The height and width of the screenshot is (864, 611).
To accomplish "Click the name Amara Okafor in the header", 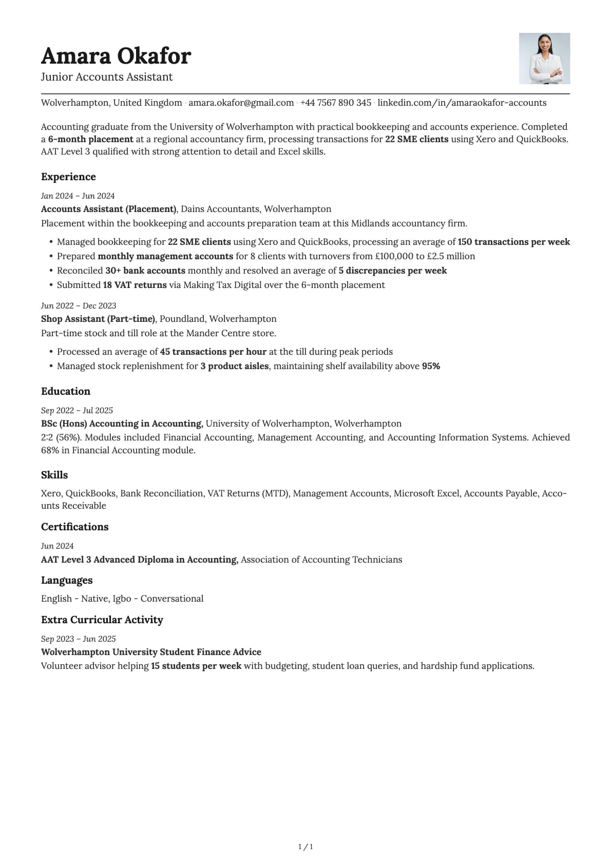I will pyautogui.click(x=116, y=55).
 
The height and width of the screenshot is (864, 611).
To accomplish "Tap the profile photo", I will pyautogui.click(x=544, y=59).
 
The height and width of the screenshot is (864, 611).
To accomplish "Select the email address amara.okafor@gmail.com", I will pyautogui.click(x=241, y=103).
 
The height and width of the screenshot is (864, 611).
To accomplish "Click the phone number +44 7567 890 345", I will pyautogui.click(x=335, y=103).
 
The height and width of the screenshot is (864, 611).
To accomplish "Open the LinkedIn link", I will pyautogui.click(x=462, y=103).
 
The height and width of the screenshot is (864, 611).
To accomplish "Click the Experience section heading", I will pyautogui.click(x=68, y=177).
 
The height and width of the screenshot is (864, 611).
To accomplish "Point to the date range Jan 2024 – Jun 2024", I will pyautogui.click(x=78, y=196).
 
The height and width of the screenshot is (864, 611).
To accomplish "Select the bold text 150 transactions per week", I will pyautogui.click(x=513, y=242).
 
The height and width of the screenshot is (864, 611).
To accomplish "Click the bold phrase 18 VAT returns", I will pyautogui.click(x=135, y=285).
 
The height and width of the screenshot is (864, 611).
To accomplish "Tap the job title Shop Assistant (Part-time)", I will pyautogui.click(x=98, y=319).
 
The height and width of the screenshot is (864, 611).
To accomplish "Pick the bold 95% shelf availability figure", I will pyautogui.click(x=431, y=366).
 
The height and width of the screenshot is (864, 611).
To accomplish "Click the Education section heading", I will pyautogui.click(x=66, y=391).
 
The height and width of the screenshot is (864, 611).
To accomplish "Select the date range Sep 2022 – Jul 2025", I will pyautogui.click(x=77, y=410).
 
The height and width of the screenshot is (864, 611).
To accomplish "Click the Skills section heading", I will pyautogui.click(x=54, y=475).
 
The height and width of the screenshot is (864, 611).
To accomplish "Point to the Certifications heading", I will pyautogui.click(x=74, y=527).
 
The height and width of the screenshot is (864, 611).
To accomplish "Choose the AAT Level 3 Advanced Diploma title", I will pyautogui.click(x=139, y=560).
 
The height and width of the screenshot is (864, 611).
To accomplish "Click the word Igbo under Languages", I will pyautogui.click(x=122, y=599).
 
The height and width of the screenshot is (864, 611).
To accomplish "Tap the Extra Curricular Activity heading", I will pyautogui.click(x=102, y=620).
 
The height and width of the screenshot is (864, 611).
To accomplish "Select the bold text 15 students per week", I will pyautogui.click(x=196, y=666).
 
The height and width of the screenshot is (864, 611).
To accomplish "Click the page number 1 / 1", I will pyautogui.click(x=305, y=847).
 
